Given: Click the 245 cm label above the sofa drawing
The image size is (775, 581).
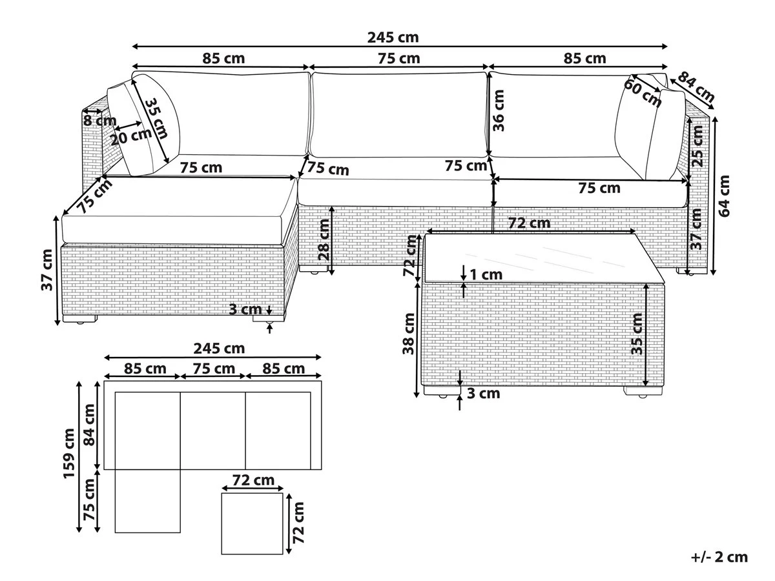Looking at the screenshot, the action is tap(393, 37).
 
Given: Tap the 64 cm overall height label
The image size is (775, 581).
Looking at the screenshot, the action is tap(724, 196).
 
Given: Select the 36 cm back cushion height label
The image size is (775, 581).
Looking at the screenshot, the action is tap(499, 110).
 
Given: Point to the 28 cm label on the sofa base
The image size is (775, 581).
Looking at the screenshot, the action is tap(324, 240).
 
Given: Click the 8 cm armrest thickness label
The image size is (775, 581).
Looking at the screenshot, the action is tap(100, 121).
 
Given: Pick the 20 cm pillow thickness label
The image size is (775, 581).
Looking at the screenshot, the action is tap(131, 137).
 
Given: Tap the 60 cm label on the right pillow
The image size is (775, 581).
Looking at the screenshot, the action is tap(642, 93).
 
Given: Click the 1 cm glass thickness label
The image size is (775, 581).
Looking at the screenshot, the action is tap(486, 274).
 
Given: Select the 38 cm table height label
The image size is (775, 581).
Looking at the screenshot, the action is tap(409, 333).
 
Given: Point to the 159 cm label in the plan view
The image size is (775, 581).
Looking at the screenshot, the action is tap(69, 454).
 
